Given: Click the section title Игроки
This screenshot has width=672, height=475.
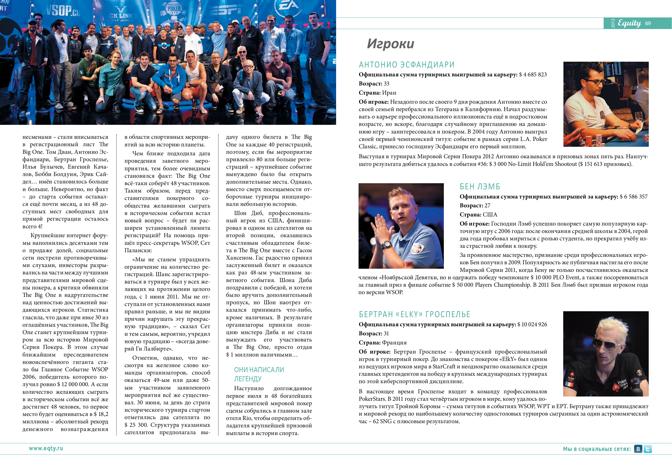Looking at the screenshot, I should coord(391,44).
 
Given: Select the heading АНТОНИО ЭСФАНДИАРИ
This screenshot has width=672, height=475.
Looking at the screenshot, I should coord(407,65).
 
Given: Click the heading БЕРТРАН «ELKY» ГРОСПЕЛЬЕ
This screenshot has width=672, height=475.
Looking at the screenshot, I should coord(414,314).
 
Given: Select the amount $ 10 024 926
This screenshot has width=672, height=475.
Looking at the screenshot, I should coord(532,324).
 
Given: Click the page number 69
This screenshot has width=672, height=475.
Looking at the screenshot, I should coord(648,23).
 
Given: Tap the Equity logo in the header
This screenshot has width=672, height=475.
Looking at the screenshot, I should coord(629,23).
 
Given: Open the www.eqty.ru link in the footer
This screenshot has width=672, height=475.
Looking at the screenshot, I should coord(46,448).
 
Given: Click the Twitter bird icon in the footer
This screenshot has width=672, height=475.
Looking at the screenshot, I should coord(648,449).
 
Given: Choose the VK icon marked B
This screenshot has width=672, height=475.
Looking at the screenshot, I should coord(638,449).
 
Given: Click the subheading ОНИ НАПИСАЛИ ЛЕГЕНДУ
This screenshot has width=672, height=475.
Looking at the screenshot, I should coord(259,374).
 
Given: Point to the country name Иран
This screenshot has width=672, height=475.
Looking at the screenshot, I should coord(389,93).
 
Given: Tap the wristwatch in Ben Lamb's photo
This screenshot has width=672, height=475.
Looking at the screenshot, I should coord(387,244).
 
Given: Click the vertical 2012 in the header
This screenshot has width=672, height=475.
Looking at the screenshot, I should coord(613,23).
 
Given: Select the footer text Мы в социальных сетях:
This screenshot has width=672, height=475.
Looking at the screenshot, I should coord(597,449).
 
